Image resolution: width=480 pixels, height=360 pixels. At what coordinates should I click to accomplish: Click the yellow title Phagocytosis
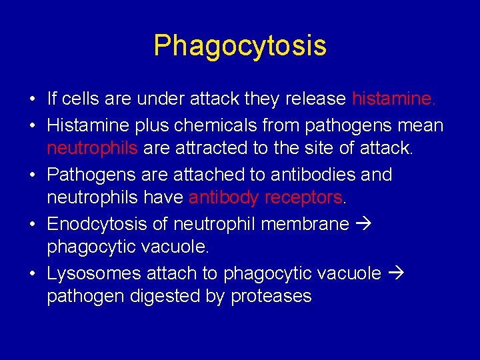pyautogui.click(x=240, y=46)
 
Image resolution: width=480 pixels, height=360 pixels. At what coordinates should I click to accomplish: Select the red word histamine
pyautogui.click(x=393, y=99)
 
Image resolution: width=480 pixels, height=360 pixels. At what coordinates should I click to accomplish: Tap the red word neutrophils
pyautogui.click(x=92, y=149)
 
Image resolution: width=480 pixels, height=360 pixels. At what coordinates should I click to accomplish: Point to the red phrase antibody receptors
pyautogui.click(x=265, y=198)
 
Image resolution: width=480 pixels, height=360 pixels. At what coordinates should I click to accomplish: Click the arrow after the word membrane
pyautogui.click(x=364, y=223)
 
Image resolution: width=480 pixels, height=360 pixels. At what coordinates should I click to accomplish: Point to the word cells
pyautogui.click(x=81, y=99)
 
